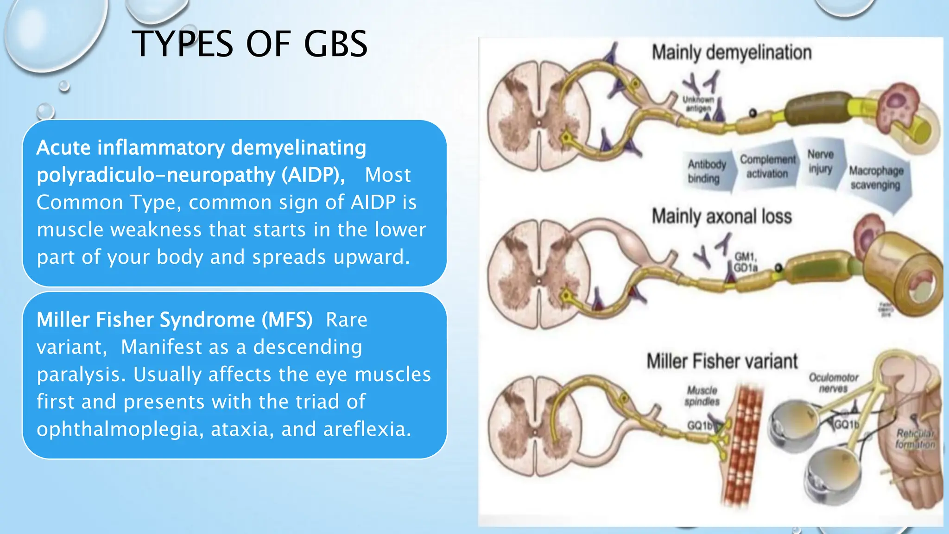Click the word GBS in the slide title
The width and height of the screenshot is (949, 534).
(335, 44)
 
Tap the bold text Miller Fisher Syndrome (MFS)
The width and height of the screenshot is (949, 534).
(175, 320)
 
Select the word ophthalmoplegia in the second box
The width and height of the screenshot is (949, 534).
(120, 430)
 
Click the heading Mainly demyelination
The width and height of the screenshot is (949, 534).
(731, 52)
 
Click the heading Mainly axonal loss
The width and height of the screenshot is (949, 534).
(721, 216)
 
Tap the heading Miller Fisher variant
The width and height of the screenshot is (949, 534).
(721, 361)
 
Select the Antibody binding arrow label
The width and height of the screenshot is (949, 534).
(706, 171)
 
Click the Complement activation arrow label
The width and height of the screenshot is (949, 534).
(767, 166)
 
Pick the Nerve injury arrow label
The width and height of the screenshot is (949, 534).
(820, 161)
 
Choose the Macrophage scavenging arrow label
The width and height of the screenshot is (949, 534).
(876, 178)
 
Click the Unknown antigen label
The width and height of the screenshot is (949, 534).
(698, 104)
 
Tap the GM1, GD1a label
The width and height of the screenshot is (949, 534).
(745, 262)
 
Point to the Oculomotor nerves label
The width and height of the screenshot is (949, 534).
(833, 383)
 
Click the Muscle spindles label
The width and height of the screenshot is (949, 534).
(702, 396)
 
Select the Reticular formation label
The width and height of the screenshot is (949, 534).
(915, 439)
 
